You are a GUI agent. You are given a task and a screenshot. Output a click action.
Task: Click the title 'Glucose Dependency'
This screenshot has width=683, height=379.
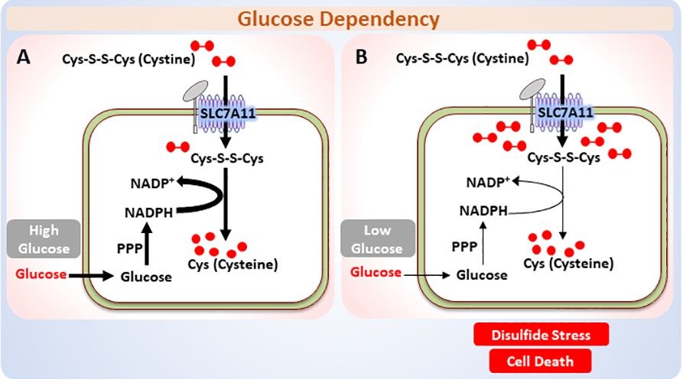pyautogui.click(x=342, y=18)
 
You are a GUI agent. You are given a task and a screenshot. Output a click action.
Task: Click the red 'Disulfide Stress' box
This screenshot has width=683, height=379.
pyautogui.click(x=542, y=334)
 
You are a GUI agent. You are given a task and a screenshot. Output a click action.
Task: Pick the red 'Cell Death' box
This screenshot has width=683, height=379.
pyautogui.click(x=542, y=361)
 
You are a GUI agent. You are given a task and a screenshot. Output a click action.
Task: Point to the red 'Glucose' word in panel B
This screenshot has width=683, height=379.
pyautogui.click(x=376, y=273)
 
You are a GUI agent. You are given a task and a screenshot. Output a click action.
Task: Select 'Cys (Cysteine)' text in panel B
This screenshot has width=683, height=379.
pyautogui.click(x=568, y=264)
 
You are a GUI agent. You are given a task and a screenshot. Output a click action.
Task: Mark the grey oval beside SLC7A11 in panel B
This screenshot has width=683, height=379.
pyautogui.click(x=531, y=91)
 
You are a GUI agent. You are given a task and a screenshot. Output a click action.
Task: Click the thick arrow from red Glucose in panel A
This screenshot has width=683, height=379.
pyautogui.click(x=90, y=275)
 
